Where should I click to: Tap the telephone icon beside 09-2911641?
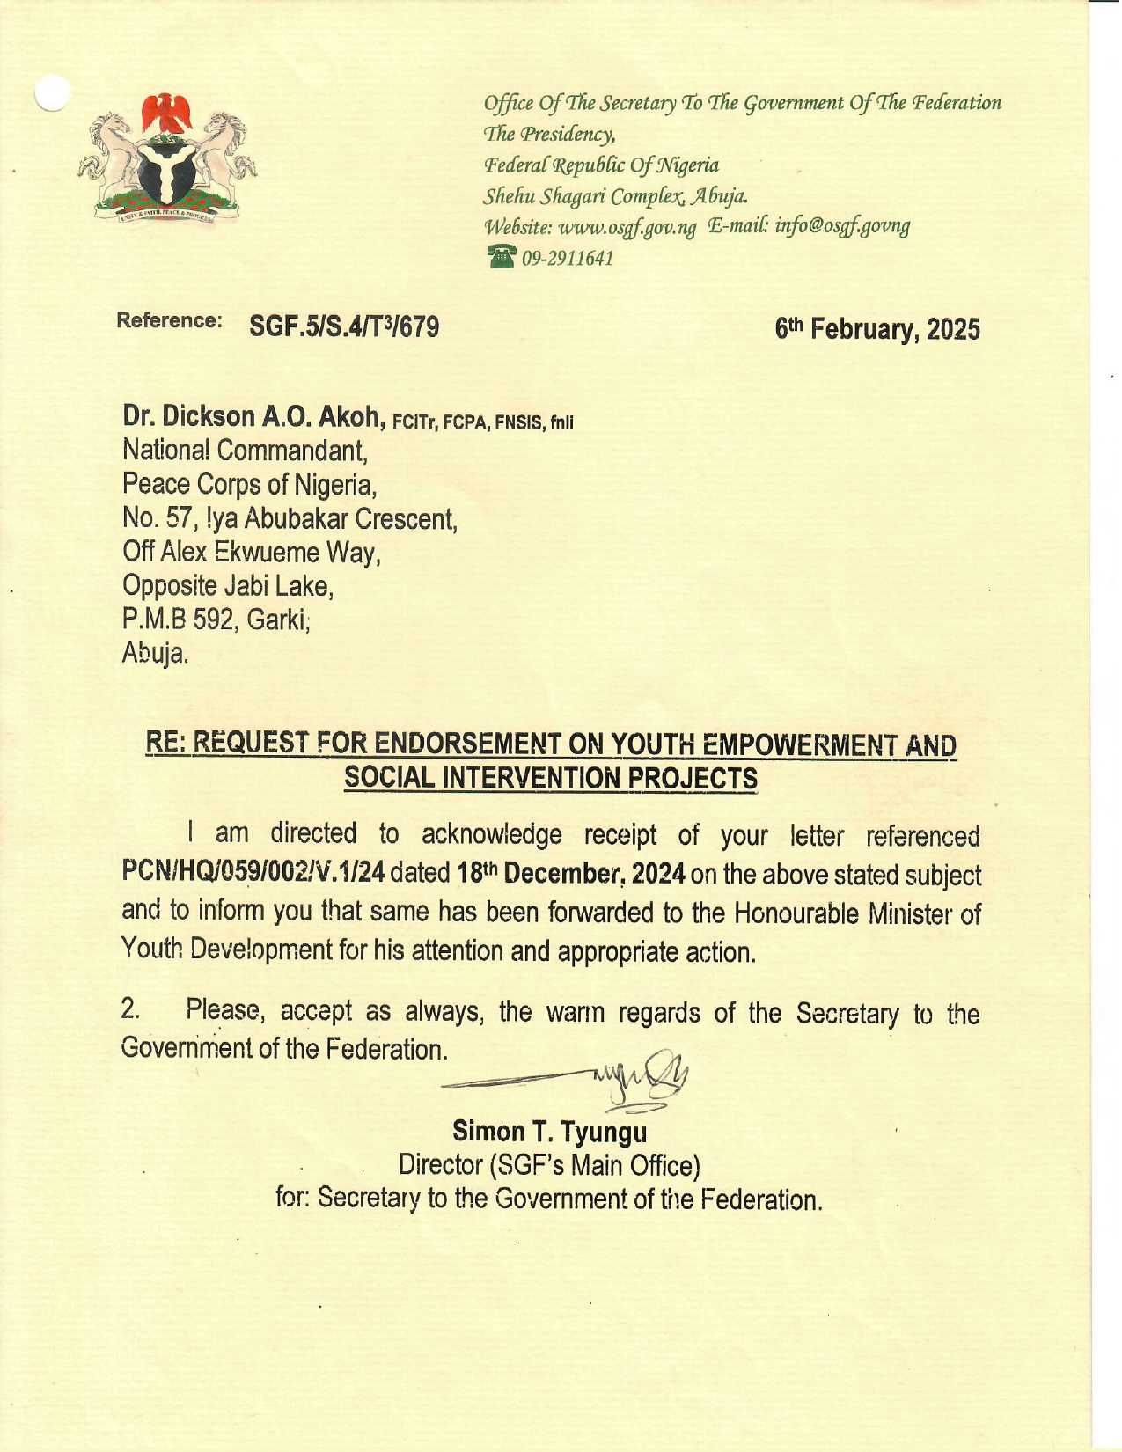(501, 258)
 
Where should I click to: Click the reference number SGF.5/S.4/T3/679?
(344, 327)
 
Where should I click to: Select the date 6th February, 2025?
(876, 329)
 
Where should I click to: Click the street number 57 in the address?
(180, 519)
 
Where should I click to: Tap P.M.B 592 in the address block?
(180, 620)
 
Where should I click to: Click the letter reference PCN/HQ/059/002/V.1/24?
(253, 873)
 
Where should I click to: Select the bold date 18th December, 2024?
(571, 874)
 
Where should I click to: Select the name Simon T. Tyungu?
(549, 1131)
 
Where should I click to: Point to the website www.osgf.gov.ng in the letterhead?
(627, 227)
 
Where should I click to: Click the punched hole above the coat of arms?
(52, 92)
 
